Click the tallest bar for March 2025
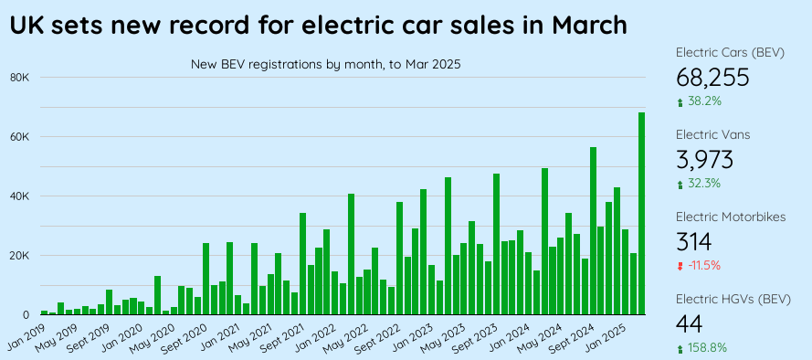[642, 215]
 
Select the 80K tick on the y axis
[19, 78]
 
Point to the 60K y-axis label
[19, 137]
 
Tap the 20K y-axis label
[19, 256]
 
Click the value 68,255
[712, 77]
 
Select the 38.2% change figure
[704, 101]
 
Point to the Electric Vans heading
[712, 134]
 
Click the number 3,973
[704, 159]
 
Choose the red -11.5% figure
[704, 266]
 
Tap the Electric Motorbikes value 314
[693, 241]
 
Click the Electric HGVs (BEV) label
[733, 299]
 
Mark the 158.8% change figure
[707, 348]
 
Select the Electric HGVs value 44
[689, 323]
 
